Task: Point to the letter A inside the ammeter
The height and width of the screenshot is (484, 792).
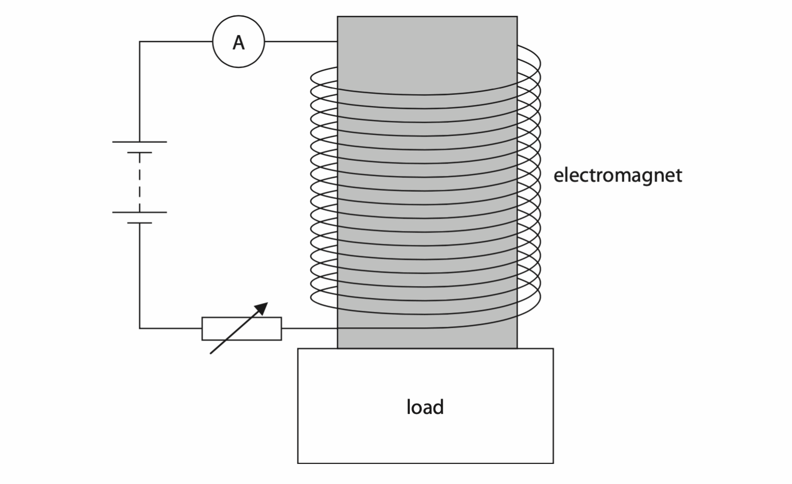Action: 238,43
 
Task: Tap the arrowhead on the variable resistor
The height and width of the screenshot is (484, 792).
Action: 262,308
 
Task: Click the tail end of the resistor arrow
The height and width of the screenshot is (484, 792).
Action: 211,353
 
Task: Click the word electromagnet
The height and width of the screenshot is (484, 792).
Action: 617,175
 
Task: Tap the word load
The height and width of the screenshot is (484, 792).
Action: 425,407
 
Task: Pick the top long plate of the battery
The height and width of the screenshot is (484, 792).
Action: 139,142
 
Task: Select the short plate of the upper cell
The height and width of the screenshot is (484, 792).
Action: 139,153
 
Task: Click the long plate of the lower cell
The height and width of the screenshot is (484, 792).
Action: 139,212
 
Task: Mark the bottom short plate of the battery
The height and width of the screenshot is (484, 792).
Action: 139,223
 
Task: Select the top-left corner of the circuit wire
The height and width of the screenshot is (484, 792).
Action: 140,42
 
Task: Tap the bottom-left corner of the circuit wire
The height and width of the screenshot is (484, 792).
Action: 140,328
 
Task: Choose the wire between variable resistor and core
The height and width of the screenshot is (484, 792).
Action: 309,328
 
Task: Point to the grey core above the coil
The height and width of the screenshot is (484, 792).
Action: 427,46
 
